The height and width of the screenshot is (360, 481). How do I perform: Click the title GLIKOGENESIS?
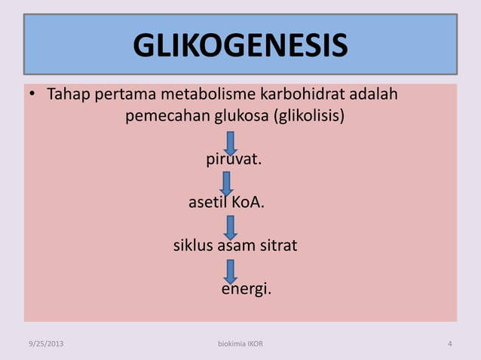[x=240, y=46]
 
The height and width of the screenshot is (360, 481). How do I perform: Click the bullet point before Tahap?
[x=32, y=96]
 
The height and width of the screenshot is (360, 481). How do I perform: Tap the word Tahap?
[x=66, y=96]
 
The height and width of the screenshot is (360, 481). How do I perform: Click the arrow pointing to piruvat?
[x=231, y=143]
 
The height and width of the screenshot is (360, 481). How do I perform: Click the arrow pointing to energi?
[x=231, y=271]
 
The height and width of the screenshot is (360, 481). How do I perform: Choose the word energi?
[x=246, y=289]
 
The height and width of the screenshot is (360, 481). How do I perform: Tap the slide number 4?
[x=449, y=344]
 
